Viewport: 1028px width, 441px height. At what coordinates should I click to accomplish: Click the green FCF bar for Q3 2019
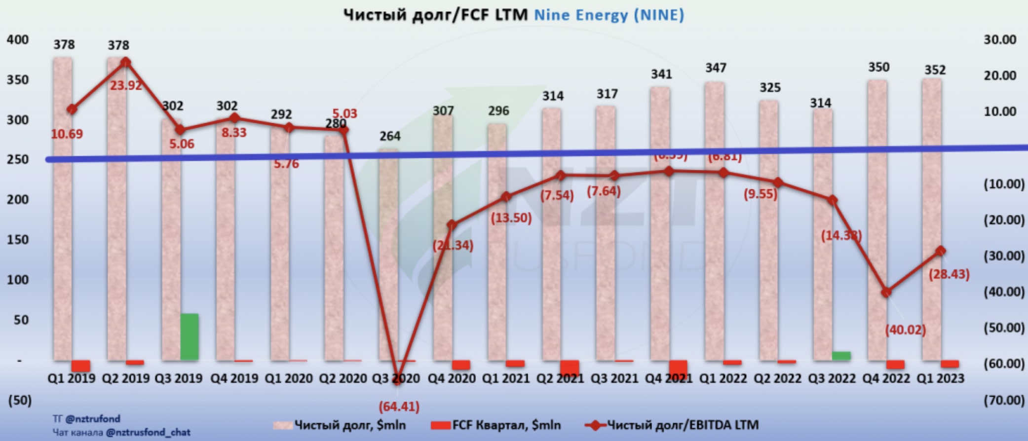click(190, 336)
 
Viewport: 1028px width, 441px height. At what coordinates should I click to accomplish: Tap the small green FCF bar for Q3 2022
click(841, 356)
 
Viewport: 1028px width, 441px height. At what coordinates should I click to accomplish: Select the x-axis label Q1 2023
click(940, 378)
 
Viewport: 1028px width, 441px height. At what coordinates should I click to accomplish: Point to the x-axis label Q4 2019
click(234, 378)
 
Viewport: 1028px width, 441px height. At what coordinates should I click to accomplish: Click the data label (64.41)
click(399, 407)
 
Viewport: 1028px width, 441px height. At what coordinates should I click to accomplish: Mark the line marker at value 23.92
click(126, 62)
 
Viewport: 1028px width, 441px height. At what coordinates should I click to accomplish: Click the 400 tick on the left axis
click(18, 39)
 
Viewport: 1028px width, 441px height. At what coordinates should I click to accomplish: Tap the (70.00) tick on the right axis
click(1004, 400)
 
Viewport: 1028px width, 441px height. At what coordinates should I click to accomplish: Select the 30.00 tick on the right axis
click(1000, 39)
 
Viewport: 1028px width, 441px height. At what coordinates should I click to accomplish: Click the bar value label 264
click(390, 136)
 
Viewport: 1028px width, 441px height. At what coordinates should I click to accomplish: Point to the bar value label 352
click(935, 70)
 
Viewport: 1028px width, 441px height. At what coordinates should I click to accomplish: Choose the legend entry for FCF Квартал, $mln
click(496, 425)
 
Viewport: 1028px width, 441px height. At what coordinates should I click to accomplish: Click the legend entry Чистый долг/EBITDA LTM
click(672, 425)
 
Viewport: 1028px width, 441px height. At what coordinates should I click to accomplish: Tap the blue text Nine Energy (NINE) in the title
click(609, 15)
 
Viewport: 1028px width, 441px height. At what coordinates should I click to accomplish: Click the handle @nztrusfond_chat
click(148, 433)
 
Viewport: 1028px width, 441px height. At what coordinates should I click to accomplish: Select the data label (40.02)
click(905, 330)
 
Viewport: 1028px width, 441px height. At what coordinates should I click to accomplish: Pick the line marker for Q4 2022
click(886, 293)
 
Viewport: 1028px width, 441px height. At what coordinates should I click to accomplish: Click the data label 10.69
click(67, 134)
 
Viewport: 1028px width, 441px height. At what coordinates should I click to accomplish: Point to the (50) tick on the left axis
click(20, 400)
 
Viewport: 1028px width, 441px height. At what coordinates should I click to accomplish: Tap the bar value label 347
click(716, 68)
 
